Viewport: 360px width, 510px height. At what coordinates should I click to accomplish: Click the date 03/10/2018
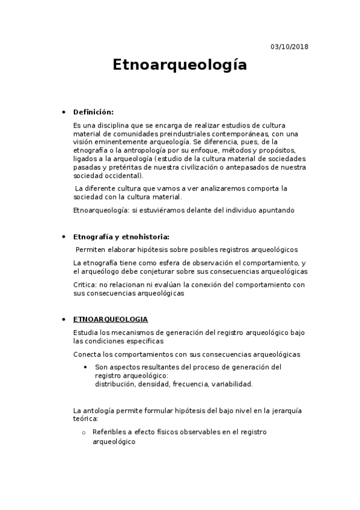pyautogui.click(x=290, y=46)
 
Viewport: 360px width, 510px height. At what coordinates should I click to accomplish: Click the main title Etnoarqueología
pyautogui.click(x=180, y=65)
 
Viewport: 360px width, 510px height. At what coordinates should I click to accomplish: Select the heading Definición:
pyautogui.click(x=93, y=112)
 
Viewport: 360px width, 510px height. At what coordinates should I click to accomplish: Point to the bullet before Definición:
pyautogui.click(x=64, y=112)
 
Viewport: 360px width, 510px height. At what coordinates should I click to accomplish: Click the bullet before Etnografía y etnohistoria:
pyautogui.click(x=64, y=236)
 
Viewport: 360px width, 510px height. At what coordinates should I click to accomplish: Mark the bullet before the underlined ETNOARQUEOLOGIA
pyautogui.click(x=64, y=319)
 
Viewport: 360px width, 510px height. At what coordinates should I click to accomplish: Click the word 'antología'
pyautogui.click(x=99, y=411)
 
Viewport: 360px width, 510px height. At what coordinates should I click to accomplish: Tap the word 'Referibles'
pyautogui.click(x=108, y=432)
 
